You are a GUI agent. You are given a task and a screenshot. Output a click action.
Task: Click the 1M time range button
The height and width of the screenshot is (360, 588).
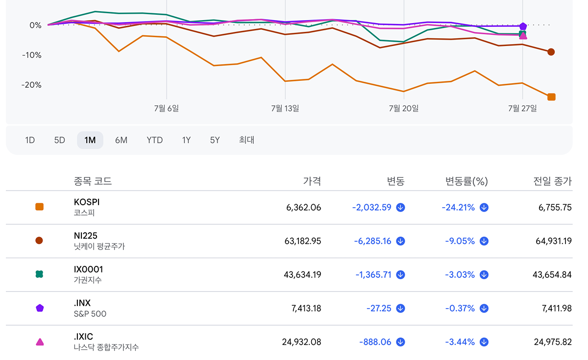[x=90, y=140]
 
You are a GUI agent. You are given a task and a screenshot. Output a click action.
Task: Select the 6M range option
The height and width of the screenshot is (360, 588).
[x=122, y=140]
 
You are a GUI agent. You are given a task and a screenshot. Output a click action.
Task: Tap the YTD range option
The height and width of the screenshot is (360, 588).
[x=155, y=140]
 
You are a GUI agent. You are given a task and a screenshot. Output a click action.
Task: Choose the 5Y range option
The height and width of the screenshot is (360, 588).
[x=215, y=140]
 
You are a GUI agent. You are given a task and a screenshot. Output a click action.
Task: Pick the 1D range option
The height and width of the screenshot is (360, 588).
[x=30, y=140]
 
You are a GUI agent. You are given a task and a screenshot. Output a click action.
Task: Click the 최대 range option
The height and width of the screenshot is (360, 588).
[x=246, y=140]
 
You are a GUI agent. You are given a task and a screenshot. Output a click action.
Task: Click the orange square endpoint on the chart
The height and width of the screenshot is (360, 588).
[x=551, y=97]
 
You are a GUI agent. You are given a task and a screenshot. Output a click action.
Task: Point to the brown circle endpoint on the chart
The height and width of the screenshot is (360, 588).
[x=551, y=52]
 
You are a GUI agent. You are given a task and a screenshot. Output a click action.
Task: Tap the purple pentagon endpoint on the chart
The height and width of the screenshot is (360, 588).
[x=523, y=26]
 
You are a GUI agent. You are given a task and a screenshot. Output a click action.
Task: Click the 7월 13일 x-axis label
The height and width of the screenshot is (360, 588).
[x=285, y=108]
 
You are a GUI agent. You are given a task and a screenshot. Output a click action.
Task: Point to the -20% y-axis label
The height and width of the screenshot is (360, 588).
[x=31, y=85]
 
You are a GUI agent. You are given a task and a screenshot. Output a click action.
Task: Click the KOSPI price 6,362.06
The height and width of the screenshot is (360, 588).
[x=303, y=208]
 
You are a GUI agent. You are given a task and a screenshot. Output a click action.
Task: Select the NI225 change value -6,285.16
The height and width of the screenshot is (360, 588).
[x=372, y=241]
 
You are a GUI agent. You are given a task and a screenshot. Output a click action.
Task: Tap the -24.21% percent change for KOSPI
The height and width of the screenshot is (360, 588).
[x=458, y=208]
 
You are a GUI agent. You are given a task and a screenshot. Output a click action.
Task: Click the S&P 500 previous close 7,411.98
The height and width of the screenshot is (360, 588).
[x=557, y=308]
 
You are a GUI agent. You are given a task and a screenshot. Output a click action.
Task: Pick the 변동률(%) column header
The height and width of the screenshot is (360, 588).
[x=466, y=181]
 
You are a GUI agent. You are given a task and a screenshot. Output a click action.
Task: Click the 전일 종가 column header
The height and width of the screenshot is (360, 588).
[x=552, y=181]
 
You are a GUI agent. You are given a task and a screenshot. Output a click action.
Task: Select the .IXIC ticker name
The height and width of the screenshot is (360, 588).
[x=83, y=336]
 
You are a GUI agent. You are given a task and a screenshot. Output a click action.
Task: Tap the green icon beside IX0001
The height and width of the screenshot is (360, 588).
[x=39, y=274]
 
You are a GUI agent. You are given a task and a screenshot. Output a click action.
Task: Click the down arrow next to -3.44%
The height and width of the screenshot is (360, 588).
[x=484, y=342]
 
